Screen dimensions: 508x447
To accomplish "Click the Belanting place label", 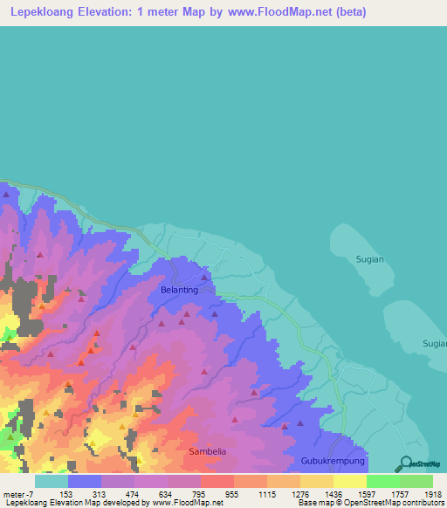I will [x=179, y=289].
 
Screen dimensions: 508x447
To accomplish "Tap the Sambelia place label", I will [x=207, y=451].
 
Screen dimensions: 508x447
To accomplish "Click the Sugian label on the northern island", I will [x=370, y=259].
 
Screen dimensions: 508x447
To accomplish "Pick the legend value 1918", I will [x=433, y=493].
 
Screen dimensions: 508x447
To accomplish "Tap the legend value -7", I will [x=31, y=493].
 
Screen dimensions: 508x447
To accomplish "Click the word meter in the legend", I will [x=14, y=493].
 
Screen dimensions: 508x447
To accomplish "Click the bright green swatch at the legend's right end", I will [x=416, y=480].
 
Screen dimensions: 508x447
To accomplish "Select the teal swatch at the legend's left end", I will [x=52, y=480].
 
